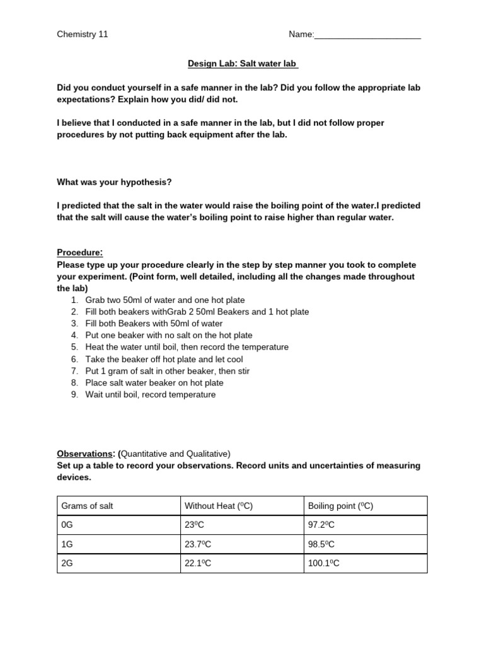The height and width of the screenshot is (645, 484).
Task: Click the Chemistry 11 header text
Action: (x=83, y=35)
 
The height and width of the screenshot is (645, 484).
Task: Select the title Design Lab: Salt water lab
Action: (x=243, y=64)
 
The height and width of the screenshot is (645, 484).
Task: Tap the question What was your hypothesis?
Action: (x=114, y=182)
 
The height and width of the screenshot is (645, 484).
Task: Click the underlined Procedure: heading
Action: (x=80, y=253)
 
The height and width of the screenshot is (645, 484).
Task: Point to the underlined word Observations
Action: (x=85, y=454)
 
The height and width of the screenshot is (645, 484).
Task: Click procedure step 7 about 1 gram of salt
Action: (x=167, y=371)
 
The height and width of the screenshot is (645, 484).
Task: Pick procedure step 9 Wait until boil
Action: (x=150, y=395)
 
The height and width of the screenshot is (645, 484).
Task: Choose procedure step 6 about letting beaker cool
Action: (x=164, y=359)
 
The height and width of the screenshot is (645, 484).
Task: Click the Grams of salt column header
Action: (x=87, y=506)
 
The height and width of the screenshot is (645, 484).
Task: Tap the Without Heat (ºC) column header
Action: (x=218, y=506)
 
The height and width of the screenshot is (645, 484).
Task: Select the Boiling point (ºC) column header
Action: (x=340, y=506)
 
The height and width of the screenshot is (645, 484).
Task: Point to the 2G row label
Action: (x=67, y=563)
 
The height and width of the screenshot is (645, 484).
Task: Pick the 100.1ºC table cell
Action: (x=324, y=563)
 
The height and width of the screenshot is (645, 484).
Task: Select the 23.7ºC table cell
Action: (x=199, y=544)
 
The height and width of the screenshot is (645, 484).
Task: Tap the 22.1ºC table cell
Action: (x=199, y=563)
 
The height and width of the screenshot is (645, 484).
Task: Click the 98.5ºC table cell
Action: (x=322, y=544)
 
